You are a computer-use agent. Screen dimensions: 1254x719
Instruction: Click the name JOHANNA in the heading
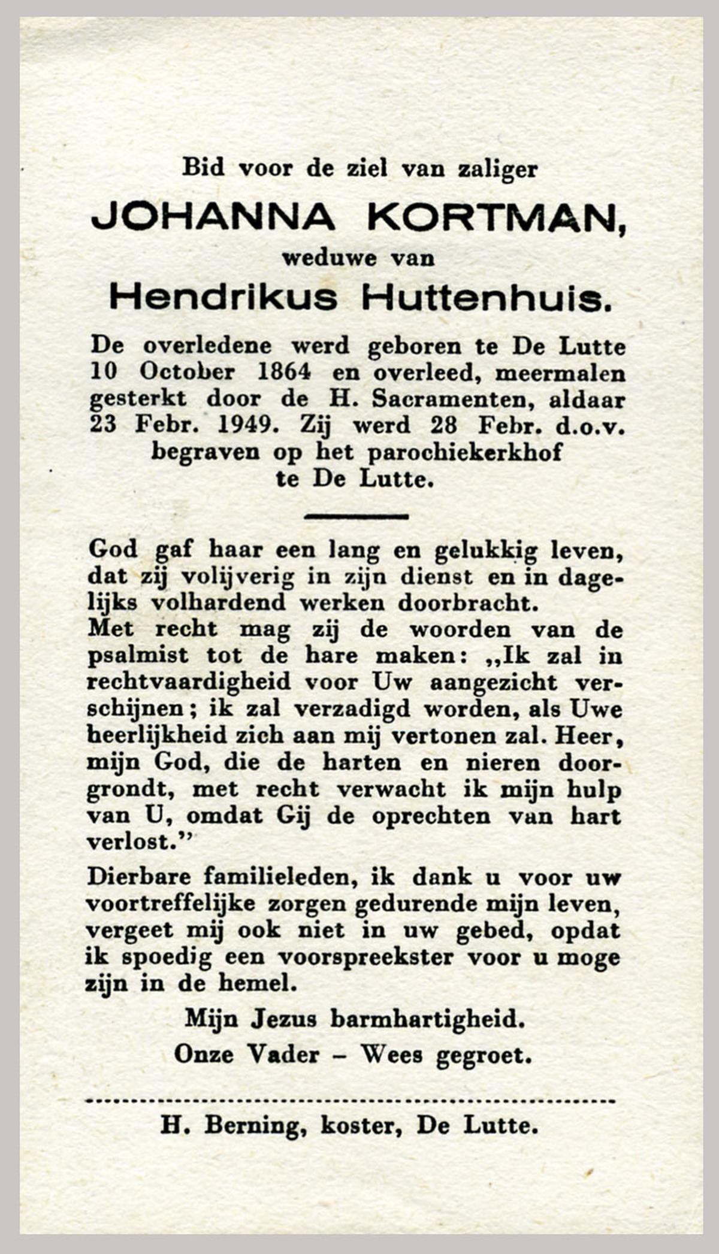pyautogui.click(x=213, y=217)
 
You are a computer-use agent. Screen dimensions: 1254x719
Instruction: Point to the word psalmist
pyautogui.click(x=138, y=656)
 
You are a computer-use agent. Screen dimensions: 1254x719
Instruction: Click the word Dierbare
pyautogui.click(x=139, y=877)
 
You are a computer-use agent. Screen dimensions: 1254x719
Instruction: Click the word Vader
pyautogui.click(x=283, y=1054)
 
